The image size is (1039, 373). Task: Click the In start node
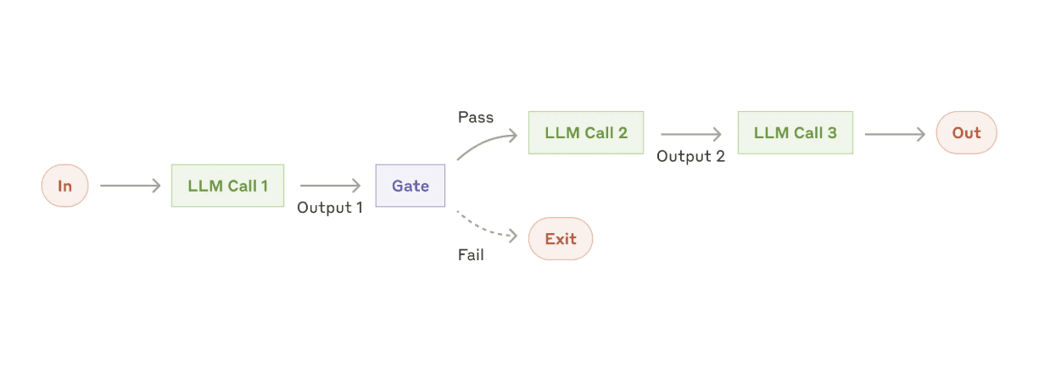64,186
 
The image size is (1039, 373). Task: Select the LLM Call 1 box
227,186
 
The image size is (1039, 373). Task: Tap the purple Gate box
410,186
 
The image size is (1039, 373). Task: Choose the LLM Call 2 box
585,133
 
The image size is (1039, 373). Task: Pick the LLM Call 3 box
795,133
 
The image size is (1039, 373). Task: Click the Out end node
966,133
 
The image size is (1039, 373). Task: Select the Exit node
560,239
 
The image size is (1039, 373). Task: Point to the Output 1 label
330,208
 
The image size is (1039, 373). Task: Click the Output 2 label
690,156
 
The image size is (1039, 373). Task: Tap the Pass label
475,117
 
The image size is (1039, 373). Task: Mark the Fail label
471,254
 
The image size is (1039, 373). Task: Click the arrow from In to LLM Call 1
130,186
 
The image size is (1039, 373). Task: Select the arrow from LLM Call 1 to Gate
330,186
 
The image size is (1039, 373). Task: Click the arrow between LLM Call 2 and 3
690,134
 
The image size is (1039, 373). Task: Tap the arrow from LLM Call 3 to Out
894,134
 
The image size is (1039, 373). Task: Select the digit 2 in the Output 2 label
720,156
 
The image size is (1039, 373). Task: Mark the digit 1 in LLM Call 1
264,186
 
